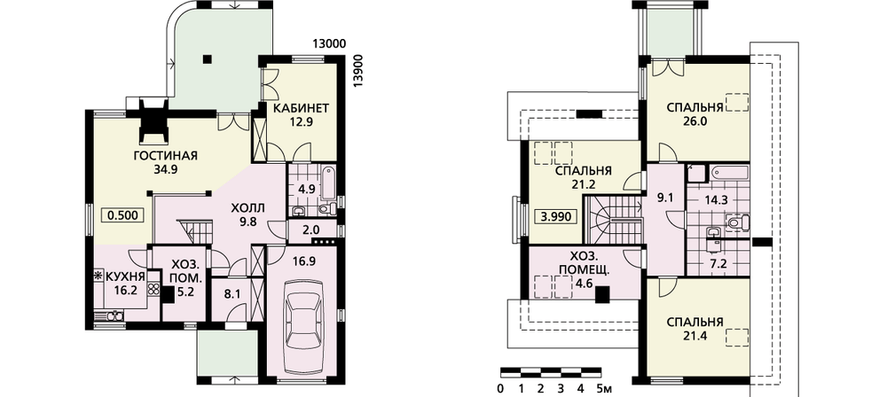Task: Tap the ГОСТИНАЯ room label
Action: point(165,156)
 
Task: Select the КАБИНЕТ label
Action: point(301,107)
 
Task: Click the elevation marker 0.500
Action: point(122,215)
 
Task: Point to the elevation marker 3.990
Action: point(555,216)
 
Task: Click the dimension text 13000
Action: point(329,44)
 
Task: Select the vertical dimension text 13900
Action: point(357,71)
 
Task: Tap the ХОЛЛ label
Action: point(247,208)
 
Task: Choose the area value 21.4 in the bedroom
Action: point(695,336)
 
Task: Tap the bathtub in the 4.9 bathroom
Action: point(328,183)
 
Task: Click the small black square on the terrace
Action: point(207,58)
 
